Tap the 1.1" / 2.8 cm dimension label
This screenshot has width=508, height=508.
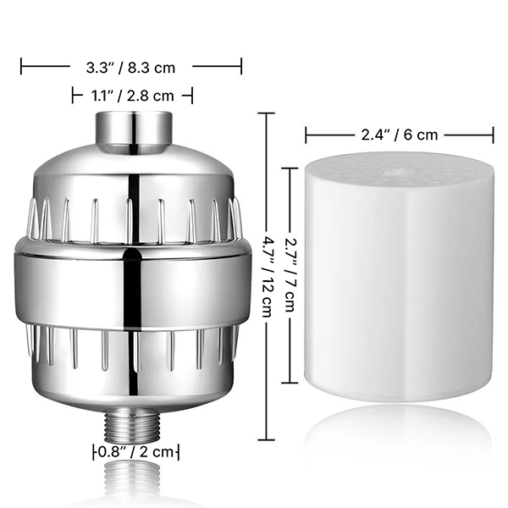132,96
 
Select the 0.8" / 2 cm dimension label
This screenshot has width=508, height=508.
136,451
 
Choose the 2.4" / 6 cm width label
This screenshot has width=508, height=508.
398,134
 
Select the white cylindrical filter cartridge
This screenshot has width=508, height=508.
399,279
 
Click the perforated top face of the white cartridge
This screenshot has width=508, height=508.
398,170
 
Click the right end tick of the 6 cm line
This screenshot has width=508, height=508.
493,134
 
